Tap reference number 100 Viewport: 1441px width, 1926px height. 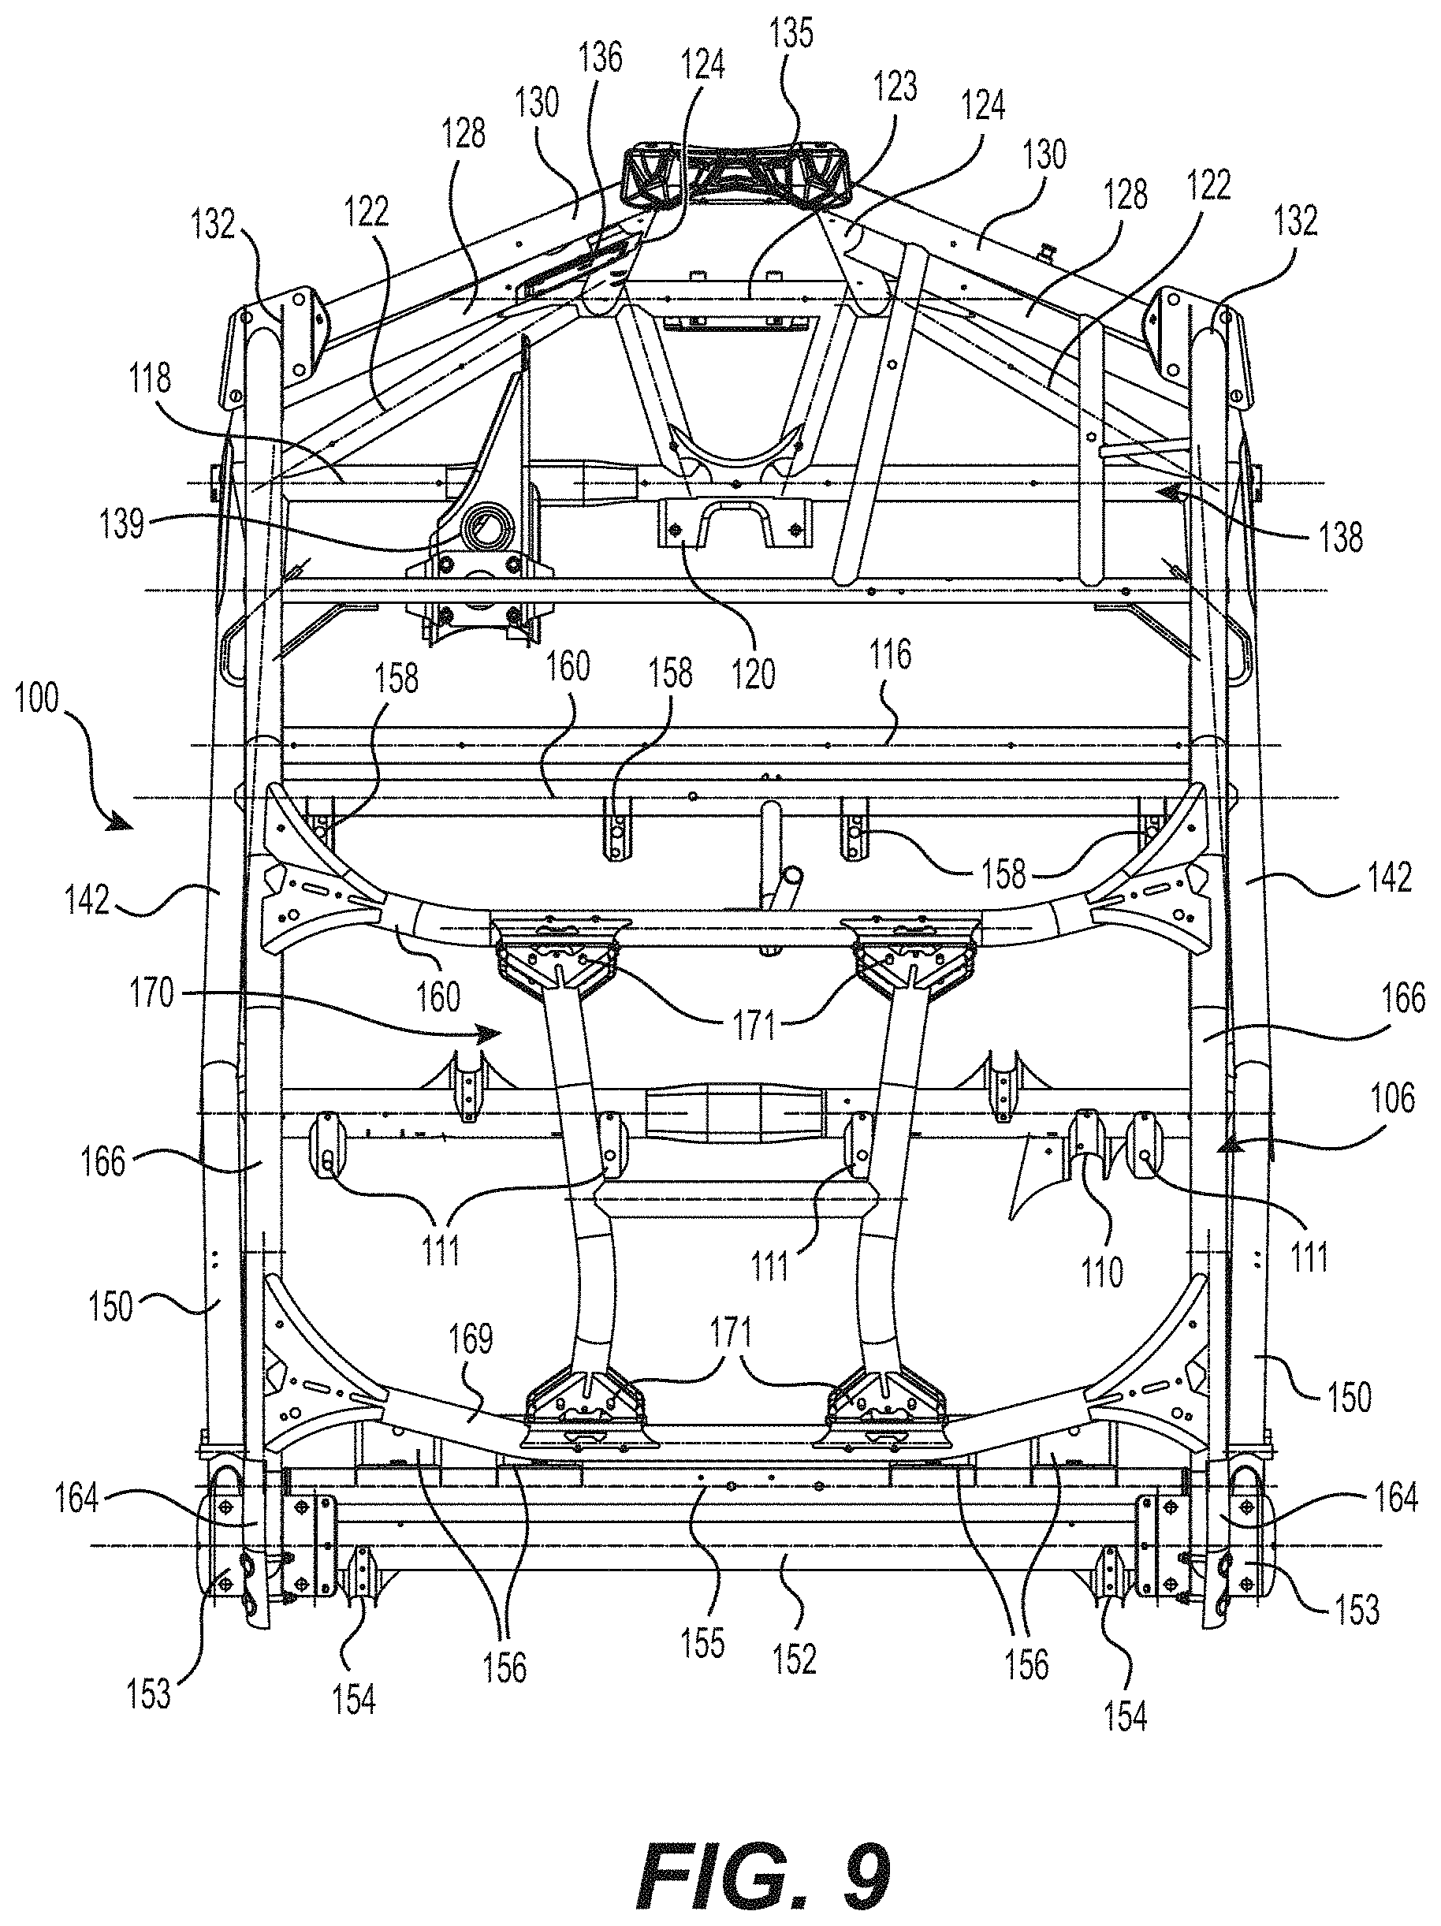click(35, 699)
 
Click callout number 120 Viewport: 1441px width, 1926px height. click(753, 674)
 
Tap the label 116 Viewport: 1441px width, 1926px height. click(888, 654)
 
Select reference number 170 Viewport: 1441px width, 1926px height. click(152, 993)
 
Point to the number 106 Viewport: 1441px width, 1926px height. click(1392, 1099)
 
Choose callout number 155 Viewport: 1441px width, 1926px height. click(703, 1643)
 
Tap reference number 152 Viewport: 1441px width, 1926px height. click(795, 1660)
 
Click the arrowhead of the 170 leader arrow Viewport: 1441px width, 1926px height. click(493, 1034)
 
